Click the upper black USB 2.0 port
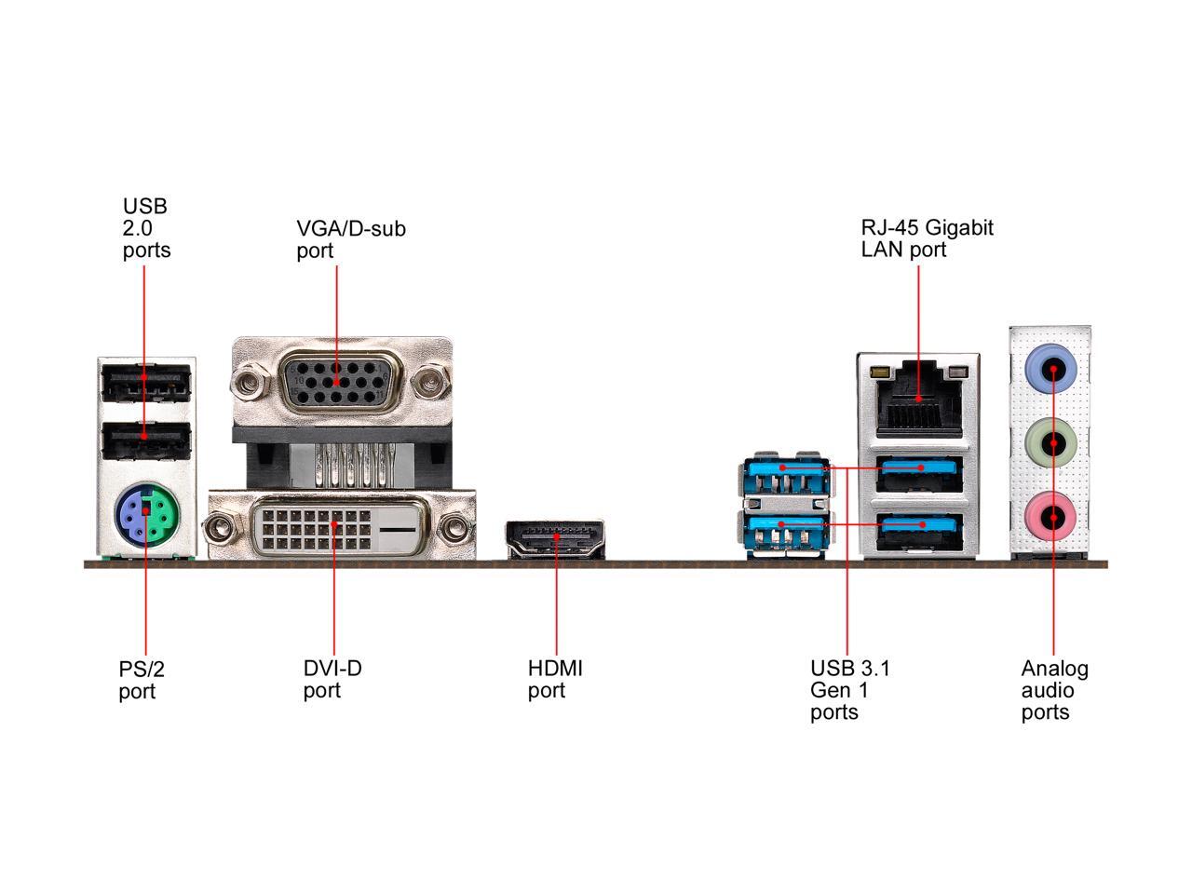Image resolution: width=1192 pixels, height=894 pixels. coord(146,383)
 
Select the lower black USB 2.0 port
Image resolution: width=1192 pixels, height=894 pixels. coord(146,440)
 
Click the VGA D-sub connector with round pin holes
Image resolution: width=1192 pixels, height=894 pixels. coord(336,383)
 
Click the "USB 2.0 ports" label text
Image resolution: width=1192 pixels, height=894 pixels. coord(146,228)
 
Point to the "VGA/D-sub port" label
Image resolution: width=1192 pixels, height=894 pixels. coord(351,239)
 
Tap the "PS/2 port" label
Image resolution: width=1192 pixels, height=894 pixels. coord(142,680)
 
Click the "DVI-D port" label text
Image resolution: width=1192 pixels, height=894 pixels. coord(332,679)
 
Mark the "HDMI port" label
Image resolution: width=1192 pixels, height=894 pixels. coord(555,679)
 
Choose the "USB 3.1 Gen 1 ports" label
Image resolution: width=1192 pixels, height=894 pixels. coord(850,690)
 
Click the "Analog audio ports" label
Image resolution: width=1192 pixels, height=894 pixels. coord(1054,690)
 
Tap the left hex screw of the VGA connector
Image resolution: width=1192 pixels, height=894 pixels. coord(250,382)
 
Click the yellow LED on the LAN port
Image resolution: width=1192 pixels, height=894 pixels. coord(878,372)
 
